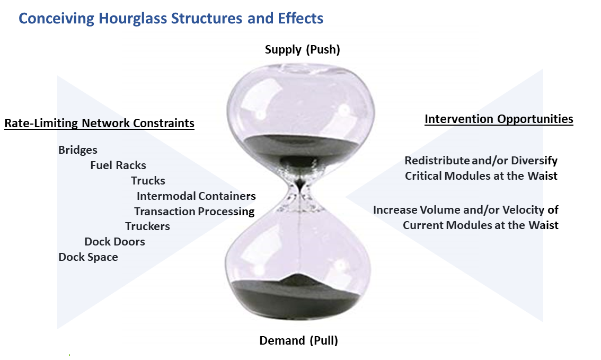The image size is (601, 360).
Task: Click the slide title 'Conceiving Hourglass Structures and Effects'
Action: pyautogui.click(x=171, y=19)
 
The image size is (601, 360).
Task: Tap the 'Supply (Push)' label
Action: pyautogui.click(x=302, y=50)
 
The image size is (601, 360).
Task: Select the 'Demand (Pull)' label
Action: pyautogui.click(x=298, y=340)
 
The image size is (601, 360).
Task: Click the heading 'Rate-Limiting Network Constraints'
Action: pyautogui.click(x=99, y=124)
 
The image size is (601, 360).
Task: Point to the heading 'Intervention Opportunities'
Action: pyautogui.click(x=499, y=119)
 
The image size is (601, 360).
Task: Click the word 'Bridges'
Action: pyautogui.click(x=78, y=150)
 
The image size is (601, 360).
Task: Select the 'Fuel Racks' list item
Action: pyautogui.click(x=118, y=165)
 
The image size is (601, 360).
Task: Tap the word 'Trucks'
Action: pyautogui.click(x=148, y=181)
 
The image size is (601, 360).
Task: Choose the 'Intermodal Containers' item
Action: pyautogui.click(x=196, y=196)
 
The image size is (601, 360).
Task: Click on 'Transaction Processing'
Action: pyautogui.click(x=194, y=212)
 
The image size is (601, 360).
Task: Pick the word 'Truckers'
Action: pyautogui.click(x=147, y=226)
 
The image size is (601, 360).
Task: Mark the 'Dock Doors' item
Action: pyautogui.click(x=114, y=242)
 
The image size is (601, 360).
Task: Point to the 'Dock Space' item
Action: pyautogui.click(x=88, y=257)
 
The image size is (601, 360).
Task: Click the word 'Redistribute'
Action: pyautogui.click(x=437, y=160)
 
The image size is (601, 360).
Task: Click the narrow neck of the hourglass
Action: pyautogui.click(x=300, y=187)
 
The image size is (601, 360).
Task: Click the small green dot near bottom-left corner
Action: pyautogui.click(x=69, y=354)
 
